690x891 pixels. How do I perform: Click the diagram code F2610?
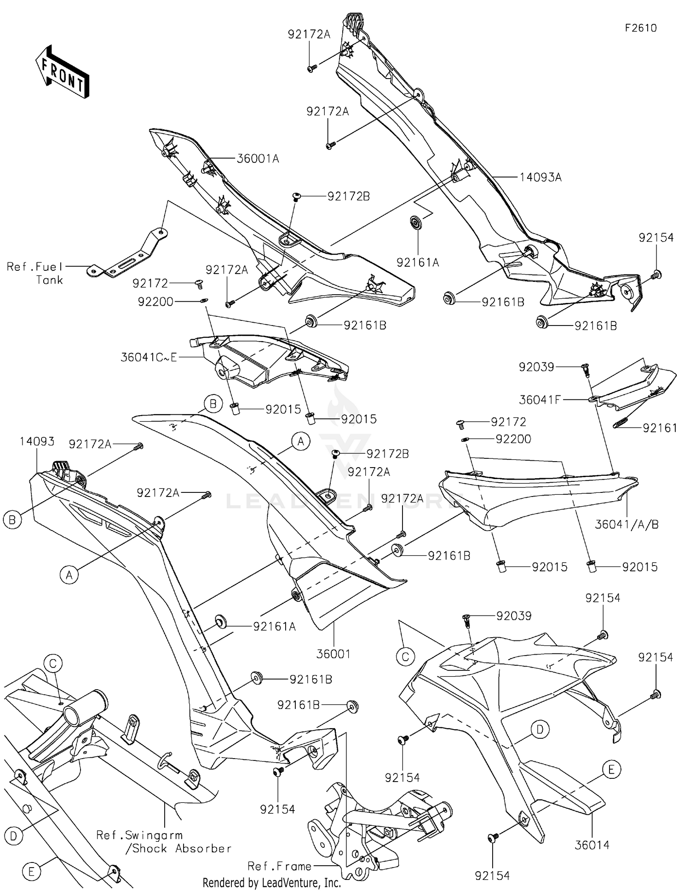click(640, 28)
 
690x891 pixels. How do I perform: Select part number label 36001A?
click(258, 159)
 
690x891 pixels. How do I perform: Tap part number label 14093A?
click(540, 177)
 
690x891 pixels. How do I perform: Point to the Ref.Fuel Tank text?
click(35, 273)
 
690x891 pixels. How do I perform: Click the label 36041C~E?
click(149, 357)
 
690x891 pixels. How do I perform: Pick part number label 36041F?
click(540, 400)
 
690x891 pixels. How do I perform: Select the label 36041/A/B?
click(627, 525)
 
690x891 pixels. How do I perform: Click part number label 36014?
click(592, 845)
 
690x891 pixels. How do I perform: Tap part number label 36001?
click(333, 654)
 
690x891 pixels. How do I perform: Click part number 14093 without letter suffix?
click(37, 442)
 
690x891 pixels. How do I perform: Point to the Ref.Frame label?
click(279, 866)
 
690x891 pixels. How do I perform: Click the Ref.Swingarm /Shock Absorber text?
click(163, 842)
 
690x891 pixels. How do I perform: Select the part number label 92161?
click(660, 428)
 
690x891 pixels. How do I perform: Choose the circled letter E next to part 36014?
click(611, 769)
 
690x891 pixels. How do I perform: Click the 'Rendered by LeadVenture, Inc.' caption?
click(272, 883)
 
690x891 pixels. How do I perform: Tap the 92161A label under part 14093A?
click(418, 263)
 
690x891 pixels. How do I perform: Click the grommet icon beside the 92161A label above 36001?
click(219, 623)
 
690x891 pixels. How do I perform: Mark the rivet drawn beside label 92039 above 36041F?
click(585, 368)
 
